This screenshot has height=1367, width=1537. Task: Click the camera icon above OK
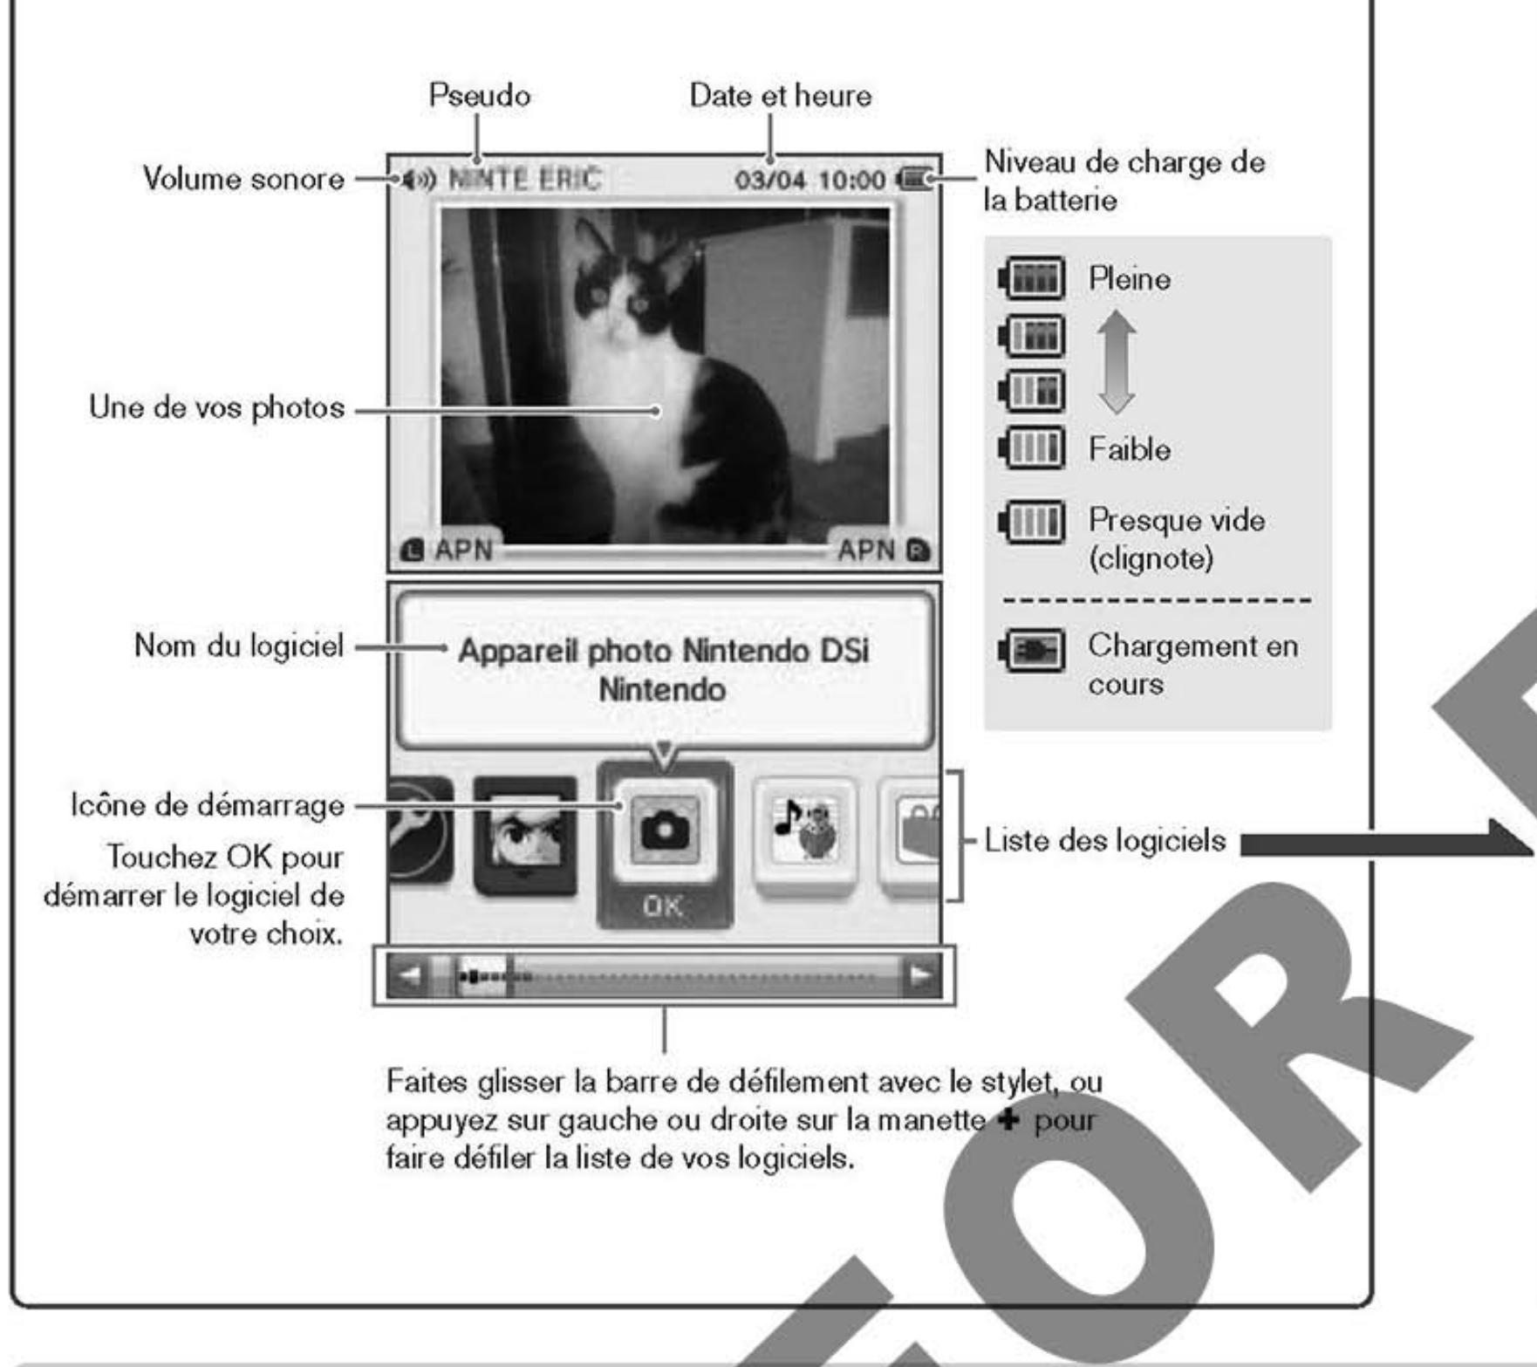tap(665, 832)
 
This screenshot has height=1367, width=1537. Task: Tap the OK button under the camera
tap(663, 906)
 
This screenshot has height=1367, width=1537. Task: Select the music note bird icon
tap(804, 832)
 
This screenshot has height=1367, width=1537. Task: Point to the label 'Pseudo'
tap(479, 95)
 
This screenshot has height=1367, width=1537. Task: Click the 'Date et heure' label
tap(780, 95)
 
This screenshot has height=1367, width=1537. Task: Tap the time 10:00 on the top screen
tap(852, 181)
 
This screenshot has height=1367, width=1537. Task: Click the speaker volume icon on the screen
tap(417, 181)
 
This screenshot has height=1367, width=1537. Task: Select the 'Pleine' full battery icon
tap(1032, 279)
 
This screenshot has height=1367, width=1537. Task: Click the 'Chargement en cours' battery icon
tap(1032, 651)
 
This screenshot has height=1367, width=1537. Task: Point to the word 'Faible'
tap(1129, 449)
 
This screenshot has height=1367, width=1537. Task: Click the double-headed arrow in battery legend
tap(1117, 362)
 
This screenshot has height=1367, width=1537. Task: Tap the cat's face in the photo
tap(615, 301)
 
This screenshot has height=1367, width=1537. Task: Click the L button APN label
tap(448, 550)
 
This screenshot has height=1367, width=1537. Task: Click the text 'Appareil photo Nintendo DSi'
tap(663, 651)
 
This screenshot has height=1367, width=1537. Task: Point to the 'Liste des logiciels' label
tap(1104, 841)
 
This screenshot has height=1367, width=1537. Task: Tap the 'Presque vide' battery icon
tap(1032, 522)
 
